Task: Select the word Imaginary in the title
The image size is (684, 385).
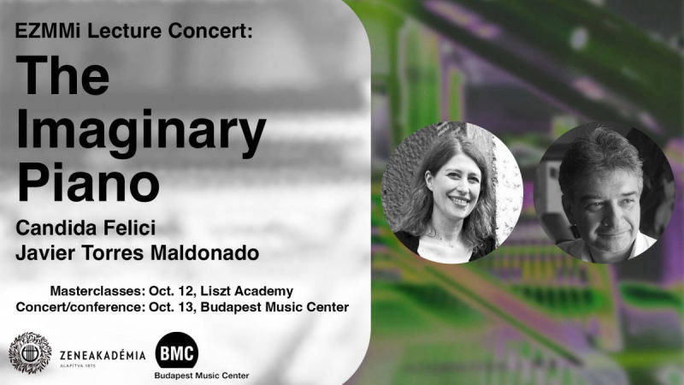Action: [141, 130]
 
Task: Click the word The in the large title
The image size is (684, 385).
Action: [62, 75]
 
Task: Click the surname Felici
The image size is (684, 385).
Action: [130, 228]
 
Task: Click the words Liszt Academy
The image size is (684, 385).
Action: [246, 291]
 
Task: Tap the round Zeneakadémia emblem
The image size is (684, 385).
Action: [30, 352]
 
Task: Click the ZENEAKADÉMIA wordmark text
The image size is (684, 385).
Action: [103, 355]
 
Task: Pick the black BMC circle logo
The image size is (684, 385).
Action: [177, 351]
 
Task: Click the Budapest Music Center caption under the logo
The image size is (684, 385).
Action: [202, 376]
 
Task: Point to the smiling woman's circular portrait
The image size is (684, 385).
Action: [452, 192]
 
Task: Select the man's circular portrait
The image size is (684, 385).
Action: [604, 192]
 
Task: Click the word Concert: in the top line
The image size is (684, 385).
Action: [209, 31]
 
